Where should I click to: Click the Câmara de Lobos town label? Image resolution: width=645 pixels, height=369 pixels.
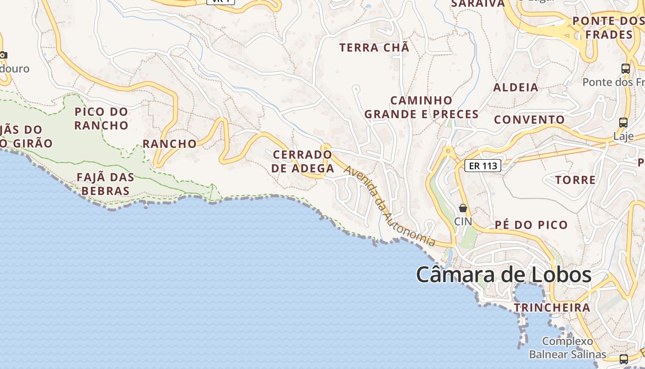[x=504, y=275]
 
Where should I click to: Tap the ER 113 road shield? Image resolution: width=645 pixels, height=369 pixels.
[x=482, y=166]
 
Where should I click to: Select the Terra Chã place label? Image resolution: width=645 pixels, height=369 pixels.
[x=374, y=48]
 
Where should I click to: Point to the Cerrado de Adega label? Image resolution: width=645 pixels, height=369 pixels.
[x=303, y=161]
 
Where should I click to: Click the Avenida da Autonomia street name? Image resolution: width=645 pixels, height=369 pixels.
[x=389, y=206]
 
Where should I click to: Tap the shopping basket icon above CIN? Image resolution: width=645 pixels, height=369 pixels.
[x=463, y=208]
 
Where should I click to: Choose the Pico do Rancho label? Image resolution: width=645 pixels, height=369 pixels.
[x=101, y=119]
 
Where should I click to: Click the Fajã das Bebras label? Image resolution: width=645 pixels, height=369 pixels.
[x=106, y=184]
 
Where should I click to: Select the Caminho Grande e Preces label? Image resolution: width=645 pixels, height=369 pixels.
[x=422, y=107]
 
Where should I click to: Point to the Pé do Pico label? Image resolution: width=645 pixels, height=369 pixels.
[x=531, y=225]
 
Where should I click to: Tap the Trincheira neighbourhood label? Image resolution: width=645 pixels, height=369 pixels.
[x=552, y=308]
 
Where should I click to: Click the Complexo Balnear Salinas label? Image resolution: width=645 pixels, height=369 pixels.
[x=568, y=348]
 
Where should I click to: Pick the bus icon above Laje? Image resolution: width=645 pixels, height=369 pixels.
[x=623, y=123]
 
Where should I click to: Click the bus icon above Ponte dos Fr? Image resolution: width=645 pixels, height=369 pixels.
[x=626, y=69]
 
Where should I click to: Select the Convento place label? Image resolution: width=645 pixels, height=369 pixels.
[x=529, y=120]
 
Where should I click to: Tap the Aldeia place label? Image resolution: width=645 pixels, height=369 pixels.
[x=516, y=87]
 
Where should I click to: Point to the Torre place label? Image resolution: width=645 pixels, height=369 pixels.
[x=575, y=180]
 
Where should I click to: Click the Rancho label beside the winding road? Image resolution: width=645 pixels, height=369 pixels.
[x=170, y=144]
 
